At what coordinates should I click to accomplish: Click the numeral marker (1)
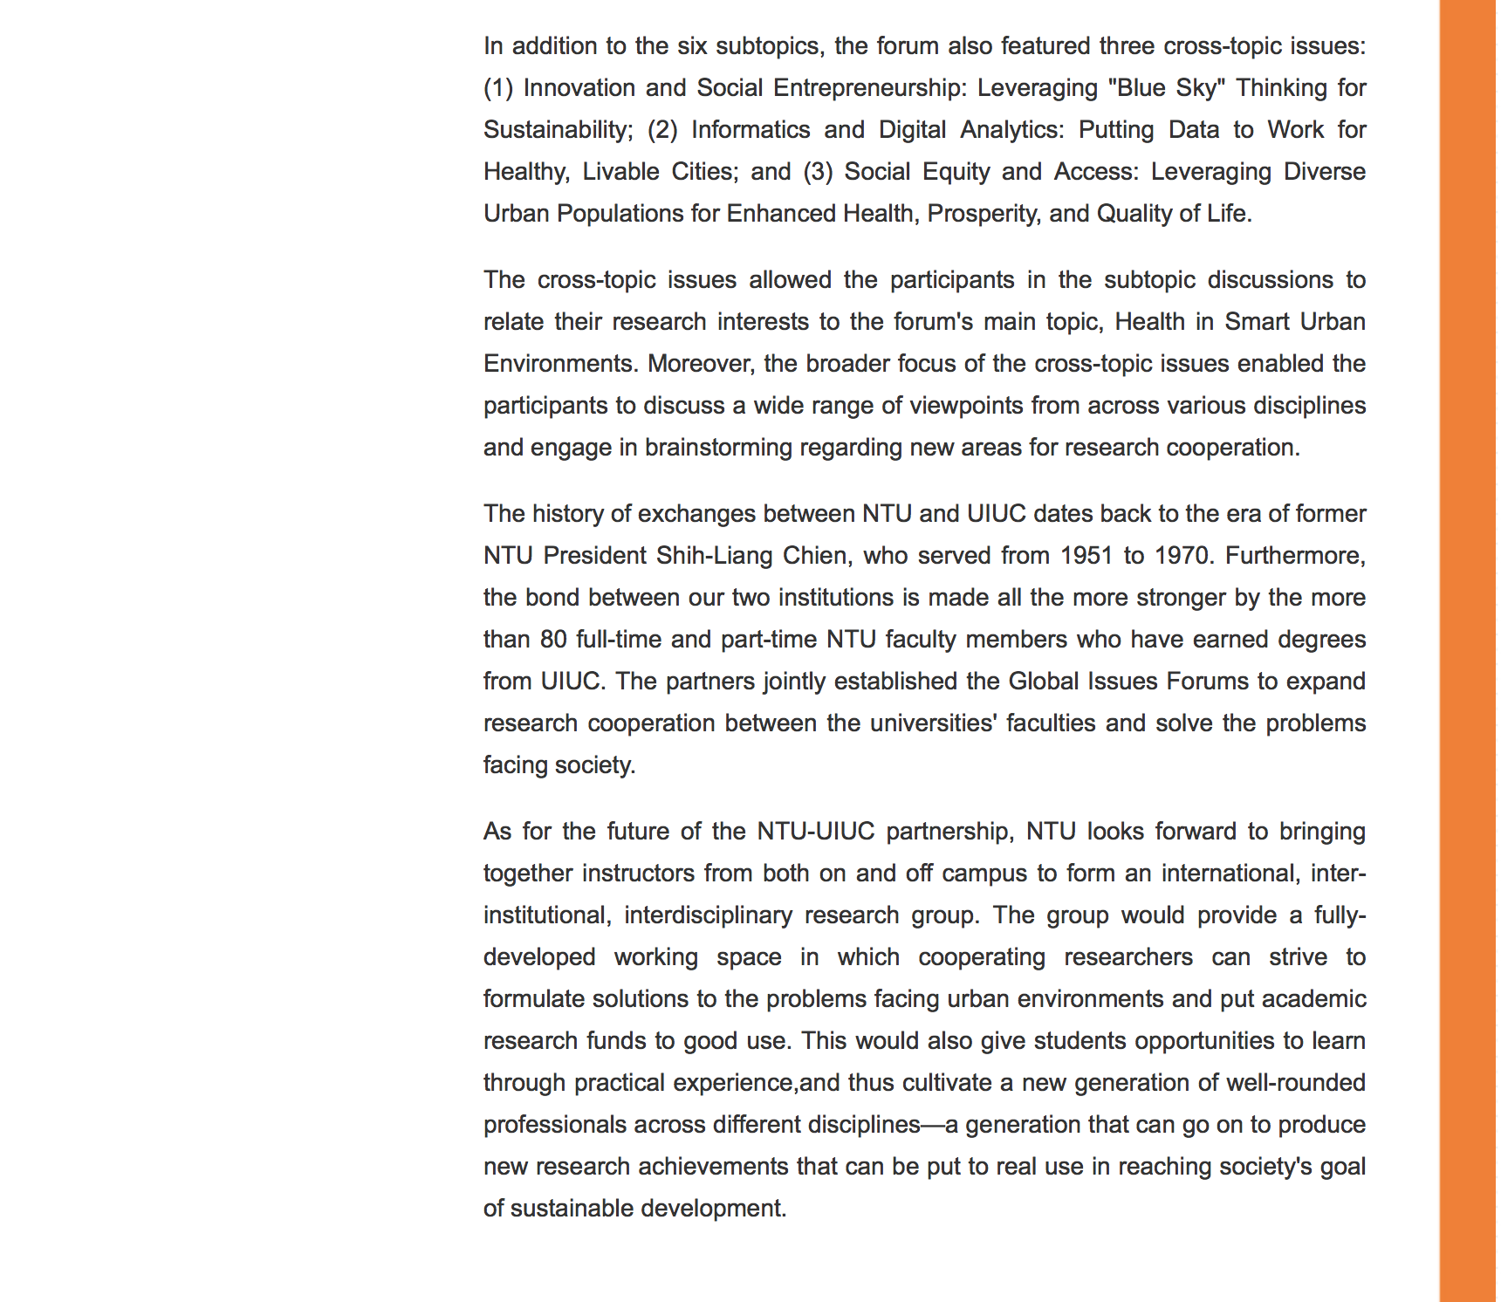click(x=498, y=88)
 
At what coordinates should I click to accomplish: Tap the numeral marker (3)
click(x=818, y=172)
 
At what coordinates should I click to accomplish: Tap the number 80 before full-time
click(x=553, y=640)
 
